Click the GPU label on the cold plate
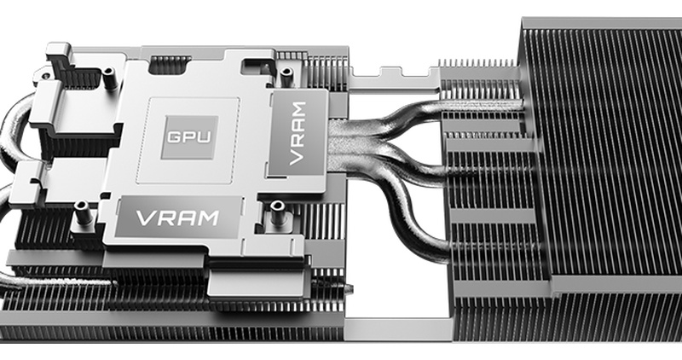tap(189, 137)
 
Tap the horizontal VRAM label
tap(177, 218)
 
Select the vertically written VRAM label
tap(298, 133)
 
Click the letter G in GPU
tap(175, 137)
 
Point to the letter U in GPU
tap(205, 137)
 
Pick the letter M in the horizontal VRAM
tap(205, 218)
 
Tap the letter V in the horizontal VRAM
tap(145, 218)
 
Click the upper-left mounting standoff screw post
tap(109, 78)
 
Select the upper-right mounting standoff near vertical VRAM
tap(286, 77)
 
